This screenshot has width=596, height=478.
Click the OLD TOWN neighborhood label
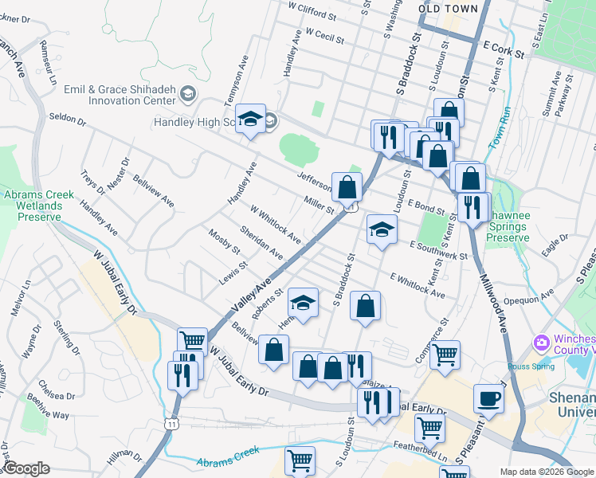point(449,9)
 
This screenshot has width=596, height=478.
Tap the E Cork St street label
point(504,50)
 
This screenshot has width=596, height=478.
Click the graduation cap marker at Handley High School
point(251,121)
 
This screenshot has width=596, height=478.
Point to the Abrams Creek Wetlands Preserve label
point(39,206)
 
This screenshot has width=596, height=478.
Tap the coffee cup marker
point(488,398)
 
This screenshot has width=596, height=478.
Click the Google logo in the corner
point(25,468)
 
